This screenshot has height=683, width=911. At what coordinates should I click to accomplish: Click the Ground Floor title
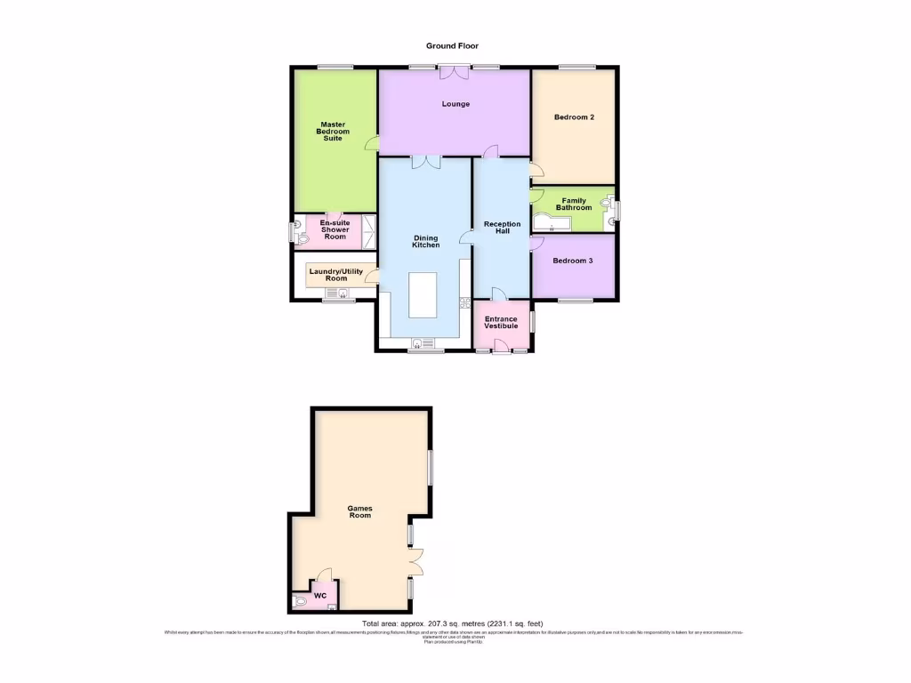point(455,45)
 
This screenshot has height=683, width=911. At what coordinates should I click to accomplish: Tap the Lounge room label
point(455,104)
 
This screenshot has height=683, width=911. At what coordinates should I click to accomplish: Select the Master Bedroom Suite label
point(333,132)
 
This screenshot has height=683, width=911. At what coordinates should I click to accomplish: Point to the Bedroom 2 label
point(574,117)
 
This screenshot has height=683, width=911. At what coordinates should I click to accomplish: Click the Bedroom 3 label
point(572,261)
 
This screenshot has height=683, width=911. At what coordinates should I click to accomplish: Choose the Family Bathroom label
point(574,204)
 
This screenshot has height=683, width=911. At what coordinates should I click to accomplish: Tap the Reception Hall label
point(502,228)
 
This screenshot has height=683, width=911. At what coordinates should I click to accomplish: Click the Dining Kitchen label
point(426,241)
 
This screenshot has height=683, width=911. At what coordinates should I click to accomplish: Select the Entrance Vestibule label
point(501,323)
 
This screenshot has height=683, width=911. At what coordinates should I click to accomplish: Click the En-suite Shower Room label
point(335,231)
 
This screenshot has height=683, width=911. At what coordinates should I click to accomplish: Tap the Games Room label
point(359,511)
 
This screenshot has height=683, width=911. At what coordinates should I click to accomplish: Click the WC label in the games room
point(319,595)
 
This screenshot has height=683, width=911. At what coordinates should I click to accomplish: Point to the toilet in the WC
point(300,602)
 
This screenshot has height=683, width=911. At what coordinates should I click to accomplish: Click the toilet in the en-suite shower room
point(297,233)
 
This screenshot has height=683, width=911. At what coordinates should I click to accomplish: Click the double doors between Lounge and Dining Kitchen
point(426,161)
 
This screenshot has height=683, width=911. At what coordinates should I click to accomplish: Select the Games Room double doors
point(416,561)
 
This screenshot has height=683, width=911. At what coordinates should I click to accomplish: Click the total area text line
point(452,623)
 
